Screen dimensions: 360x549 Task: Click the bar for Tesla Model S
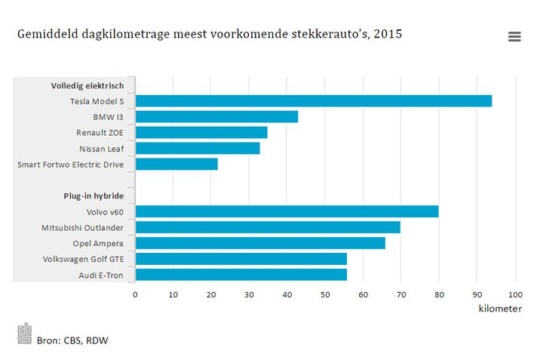[x=313, y=101]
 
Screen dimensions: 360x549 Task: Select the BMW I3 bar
[x=216, y=117]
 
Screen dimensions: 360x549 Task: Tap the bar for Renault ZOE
[x=201, y=133]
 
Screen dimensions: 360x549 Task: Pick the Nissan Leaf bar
[x=198, y=149]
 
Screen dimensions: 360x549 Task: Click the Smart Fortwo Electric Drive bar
[x=176, y=164]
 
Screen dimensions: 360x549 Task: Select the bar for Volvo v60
[x=287, y=211]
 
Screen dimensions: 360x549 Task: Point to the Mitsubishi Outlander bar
[x=268, y=227]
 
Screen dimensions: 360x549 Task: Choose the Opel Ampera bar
[x=260, y=243]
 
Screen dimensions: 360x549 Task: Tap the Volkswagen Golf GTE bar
[x=241, y=259]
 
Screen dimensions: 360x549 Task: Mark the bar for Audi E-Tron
[x=241, y=275]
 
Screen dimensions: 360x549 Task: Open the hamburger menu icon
[x=514, y=37]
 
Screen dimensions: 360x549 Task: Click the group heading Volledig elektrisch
[x=93, y=85]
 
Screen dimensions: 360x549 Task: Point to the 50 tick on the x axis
[x=325, y=294]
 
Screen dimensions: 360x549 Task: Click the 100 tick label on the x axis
[x=515, y=294]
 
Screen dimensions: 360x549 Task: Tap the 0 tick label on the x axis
[x=136, y=294]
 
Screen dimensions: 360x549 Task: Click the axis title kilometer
[x=500, y=309]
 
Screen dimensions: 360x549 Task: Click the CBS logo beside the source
[x=25, y=334]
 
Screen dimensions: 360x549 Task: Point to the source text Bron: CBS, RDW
[x=72, y=340]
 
